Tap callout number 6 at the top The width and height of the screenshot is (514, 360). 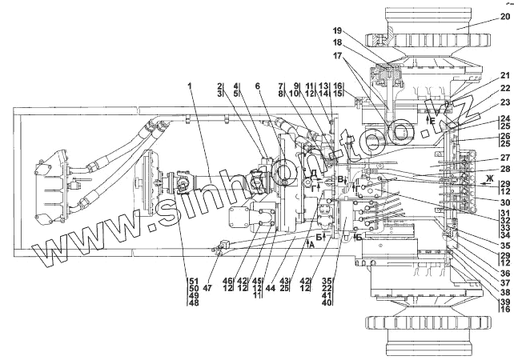coord(257,86)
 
